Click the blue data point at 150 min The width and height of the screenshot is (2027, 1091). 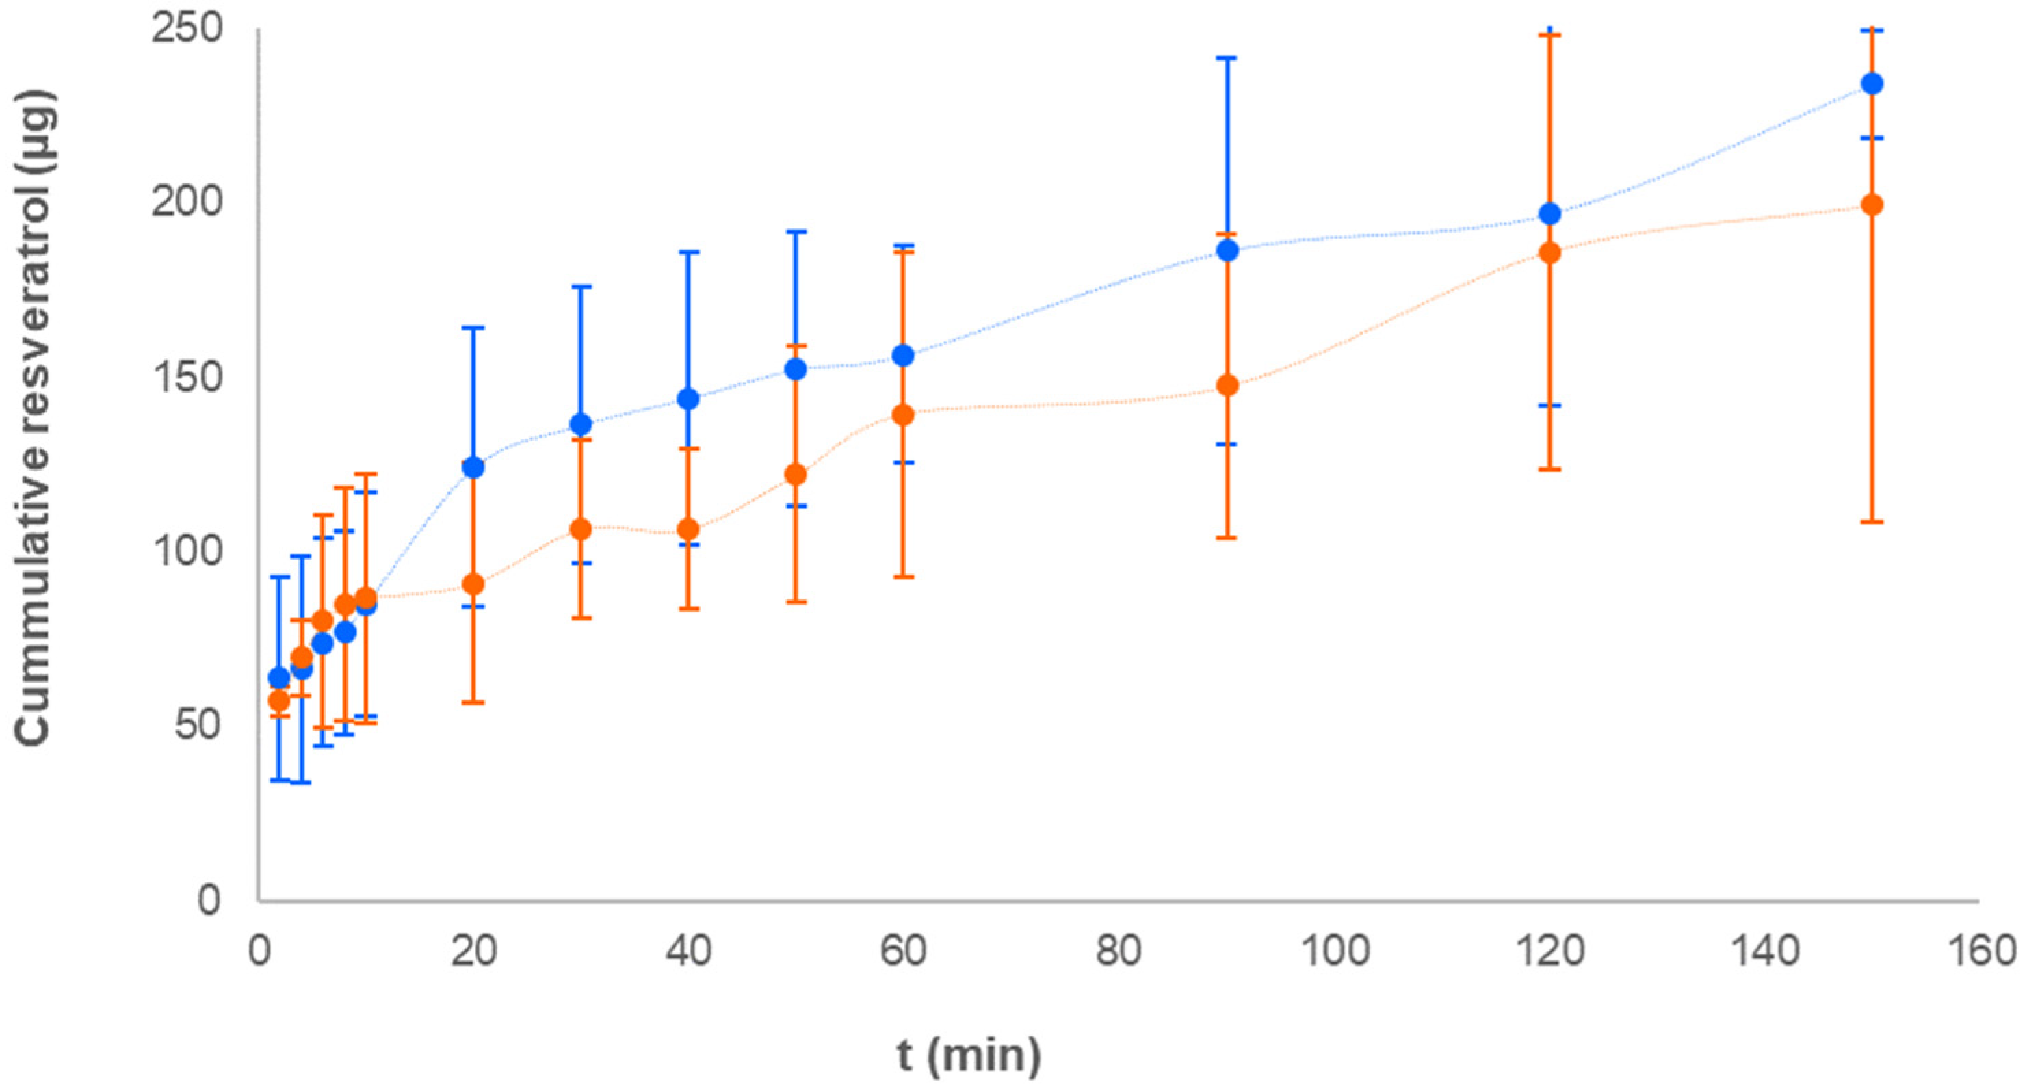click(1872, 83)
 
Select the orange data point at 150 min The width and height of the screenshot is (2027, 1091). click(1872, 205)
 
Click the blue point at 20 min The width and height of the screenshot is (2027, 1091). click(473, 467)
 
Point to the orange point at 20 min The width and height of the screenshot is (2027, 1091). click(473, 584)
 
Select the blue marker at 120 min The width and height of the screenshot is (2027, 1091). click(1549, 214)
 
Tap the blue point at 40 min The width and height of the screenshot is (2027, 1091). click(688, 399)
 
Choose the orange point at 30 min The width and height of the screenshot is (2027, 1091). click(581, 529)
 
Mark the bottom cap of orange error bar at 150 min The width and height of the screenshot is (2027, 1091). click(1872, 521)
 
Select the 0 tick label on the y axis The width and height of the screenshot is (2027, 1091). click(209, 899)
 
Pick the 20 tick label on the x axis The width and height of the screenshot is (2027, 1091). click(473, 951)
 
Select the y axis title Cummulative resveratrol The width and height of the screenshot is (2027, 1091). click(36, 417)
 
